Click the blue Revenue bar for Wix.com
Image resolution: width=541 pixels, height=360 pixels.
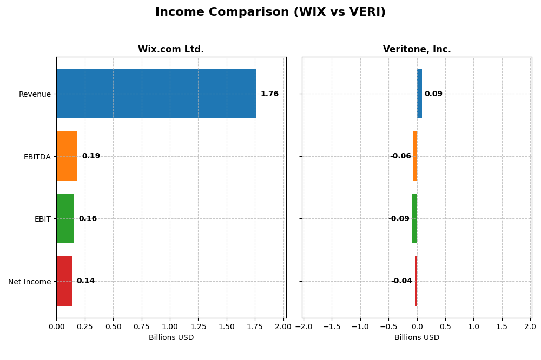point(156,94)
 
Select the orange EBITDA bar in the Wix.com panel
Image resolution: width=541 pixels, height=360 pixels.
point(67,156)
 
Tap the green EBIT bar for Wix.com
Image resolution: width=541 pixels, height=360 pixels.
point(65,218)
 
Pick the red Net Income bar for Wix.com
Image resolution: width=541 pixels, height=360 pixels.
point(64,281)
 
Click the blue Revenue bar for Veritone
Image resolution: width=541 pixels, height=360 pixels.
point(419,94)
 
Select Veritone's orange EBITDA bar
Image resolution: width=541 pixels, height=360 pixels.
point(415,156)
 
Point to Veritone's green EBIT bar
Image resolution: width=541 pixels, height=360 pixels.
point(414,218)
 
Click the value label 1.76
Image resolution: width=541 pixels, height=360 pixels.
point(269,94)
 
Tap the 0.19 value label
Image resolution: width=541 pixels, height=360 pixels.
point(91,156)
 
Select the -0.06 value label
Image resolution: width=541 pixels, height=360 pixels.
point(400,156)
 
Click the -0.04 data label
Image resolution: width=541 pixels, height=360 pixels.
point(401,281)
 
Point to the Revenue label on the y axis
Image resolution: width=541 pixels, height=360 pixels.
point(35,95)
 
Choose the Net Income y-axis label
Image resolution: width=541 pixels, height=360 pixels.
point(30,282)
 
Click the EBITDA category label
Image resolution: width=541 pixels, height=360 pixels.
point(37,157)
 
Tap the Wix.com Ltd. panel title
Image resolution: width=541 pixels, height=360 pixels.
point(171,50)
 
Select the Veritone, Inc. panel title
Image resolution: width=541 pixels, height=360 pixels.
point(417,50)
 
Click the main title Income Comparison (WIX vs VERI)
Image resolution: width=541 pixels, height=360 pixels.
point(270,12)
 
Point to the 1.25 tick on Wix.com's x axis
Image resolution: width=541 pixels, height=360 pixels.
point(198,327)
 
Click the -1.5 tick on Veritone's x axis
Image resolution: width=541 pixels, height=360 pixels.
point(332,327)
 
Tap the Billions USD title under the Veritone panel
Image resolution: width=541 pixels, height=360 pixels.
point(417,338)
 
